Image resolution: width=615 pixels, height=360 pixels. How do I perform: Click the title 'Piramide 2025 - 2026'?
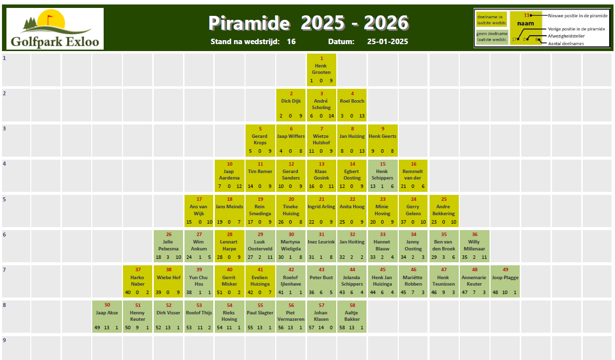[308, 23]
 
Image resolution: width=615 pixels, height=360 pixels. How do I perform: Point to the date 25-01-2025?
[387, 42]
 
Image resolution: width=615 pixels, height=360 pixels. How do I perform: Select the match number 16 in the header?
[291, 42]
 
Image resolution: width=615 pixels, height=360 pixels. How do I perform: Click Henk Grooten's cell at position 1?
[321, 69]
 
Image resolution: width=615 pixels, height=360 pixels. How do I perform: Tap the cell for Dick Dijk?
[291, 105]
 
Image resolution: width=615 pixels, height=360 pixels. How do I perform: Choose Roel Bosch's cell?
[352, 105]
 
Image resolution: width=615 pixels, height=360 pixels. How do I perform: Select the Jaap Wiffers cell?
[291, 140]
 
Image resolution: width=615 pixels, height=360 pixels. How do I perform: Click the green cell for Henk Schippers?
[382, 176]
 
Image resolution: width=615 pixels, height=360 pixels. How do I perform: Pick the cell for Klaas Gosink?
[321, 176]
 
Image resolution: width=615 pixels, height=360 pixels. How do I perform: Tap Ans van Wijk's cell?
[199, 211]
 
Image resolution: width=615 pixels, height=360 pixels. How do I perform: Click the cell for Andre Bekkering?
[444, 211]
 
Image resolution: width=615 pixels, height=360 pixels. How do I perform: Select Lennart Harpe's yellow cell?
[230, 246]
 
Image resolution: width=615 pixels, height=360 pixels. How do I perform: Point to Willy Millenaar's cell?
[475, 246]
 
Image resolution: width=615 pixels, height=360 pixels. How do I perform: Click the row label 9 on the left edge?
[4, 341]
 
